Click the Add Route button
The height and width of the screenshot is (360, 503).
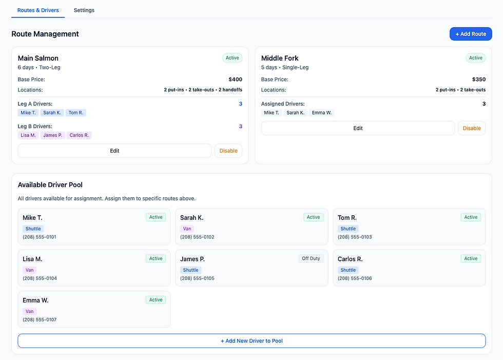pyautogui.click(x=471, y=34)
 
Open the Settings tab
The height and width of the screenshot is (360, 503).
pyautogui.click(x=84, y=10)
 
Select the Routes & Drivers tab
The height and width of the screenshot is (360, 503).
pyautogui.click(x=38, y=10)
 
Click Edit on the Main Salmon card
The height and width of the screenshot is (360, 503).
pyautogui.click(x=114, y=150)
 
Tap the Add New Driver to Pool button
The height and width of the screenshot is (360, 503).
pyautogui.click(x=252, y=340)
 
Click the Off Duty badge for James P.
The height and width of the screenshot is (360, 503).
pyautogui.click(x=311, y=259)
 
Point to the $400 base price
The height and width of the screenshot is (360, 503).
pyautogui.click(x=235, y=80)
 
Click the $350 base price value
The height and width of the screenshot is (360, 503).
pyautogui.click(x=478, y=80)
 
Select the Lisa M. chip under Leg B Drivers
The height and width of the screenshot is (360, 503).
pyautogui.click(x=28, y=135)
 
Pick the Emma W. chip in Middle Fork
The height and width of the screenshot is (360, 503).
pyautogui.click(x=322, y=112)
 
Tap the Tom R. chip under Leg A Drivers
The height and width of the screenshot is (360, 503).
pyautogui.click(x=75, y=112)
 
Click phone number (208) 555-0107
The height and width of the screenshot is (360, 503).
pyautogui.click(x=40, y=319)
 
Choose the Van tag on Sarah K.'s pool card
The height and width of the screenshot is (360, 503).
pyautogui.click(x=187, y=229)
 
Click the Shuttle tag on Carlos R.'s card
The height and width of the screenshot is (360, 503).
pyautogui.click(x=348, y=270)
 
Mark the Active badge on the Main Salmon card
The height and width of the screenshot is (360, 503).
pyautogui.click(x=233, y=58)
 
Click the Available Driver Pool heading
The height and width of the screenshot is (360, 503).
pyautogui.click(x=50, y=185)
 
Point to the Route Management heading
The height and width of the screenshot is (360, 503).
pyautogui.click(x=45, y=34)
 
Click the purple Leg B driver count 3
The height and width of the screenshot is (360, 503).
pyautogui.click(x=240, y=126)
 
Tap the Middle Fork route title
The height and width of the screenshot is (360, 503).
pyautogui.click(x=280, y=58)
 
